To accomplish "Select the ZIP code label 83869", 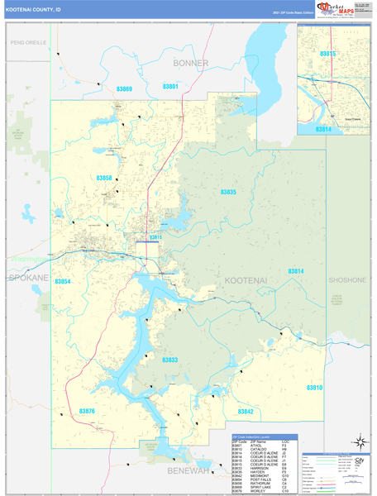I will (x=124, y=88).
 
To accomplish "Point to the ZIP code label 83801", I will (x=170, y=87).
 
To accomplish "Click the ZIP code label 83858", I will (x=104, y=178).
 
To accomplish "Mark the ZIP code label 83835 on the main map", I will (x=228, y=192).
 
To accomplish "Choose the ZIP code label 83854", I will (x=63, y=282).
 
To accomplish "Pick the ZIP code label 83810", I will (x=314, y=387).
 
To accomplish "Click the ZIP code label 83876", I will (x=88, y=411).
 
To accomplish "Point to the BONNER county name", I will (x=188, y=63).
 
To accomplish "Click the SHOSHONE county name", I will (x=347, y=280).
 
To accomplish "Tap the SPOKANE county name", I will (x=26, y=278).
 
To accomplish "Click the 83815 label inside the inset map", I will (x=327, y=54).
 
